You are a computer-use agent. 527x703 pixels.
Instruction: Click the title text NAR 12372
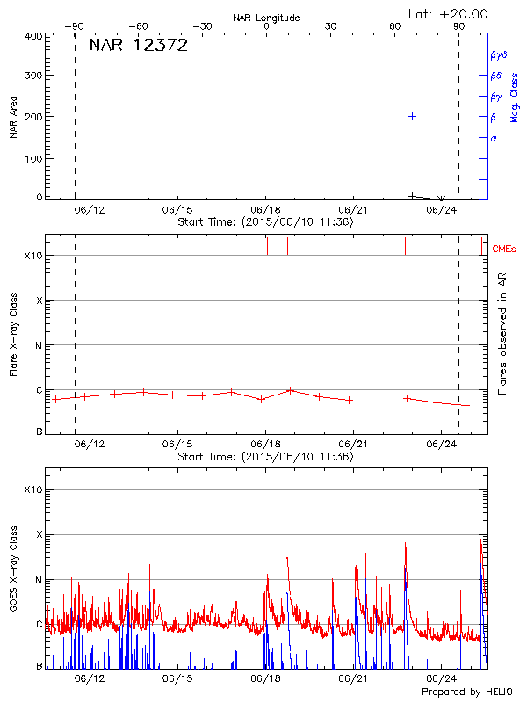[139, 46]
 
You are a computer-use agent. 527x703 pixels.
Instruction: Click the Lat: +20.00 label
[449, 13]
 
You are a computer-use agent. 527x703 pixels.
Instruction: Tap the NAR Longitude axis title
[266, 18]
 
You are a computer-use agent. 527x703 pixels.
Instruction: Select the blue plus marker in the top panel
[412, 116]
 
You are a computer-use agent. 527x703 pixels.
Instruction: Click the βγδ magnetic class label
[499, 54]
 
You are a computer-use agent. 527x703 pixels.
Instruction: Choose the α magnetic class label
[494, 138]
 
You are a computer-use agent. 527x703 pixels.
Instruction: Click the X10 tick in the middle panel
[33, 256]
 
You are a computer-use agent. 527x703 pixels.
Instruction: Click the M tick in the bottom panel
[39, 580]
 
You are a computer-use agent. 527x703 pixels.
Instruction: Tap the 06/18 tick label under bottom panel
[265, 678]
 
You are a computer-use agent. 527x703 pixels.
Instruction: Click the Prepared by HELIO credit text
[468, 692]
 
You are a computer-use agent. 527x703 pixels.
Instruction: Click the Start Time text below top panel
[265, 222]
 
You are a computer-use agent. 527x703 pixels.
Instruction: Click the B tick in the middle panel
[39, 432]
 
